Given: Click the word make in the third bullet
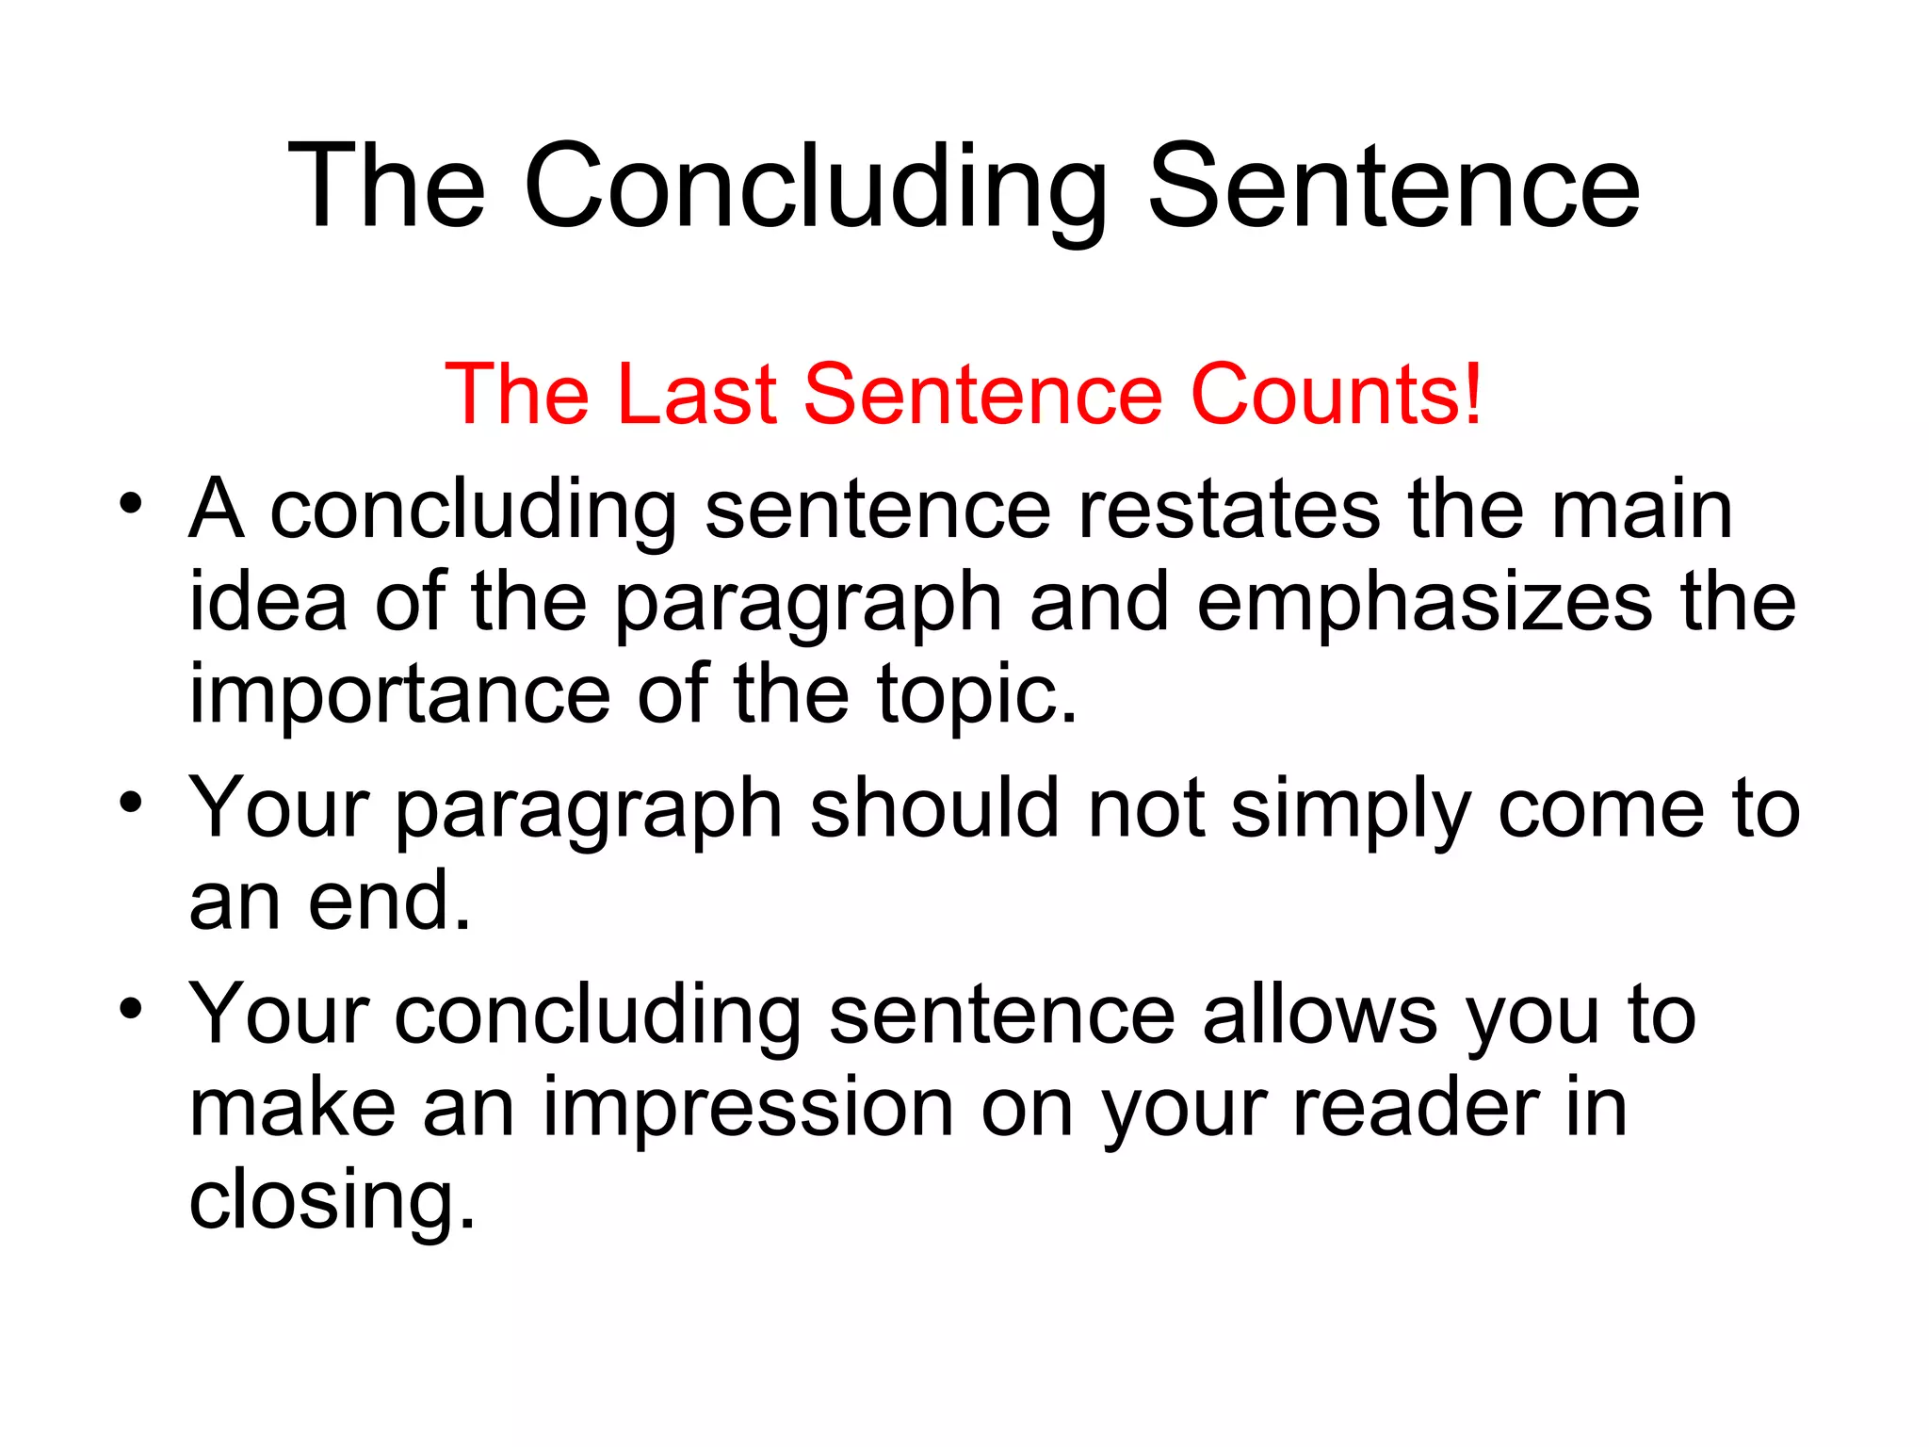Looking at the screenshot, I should [x=293, y=1109].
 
